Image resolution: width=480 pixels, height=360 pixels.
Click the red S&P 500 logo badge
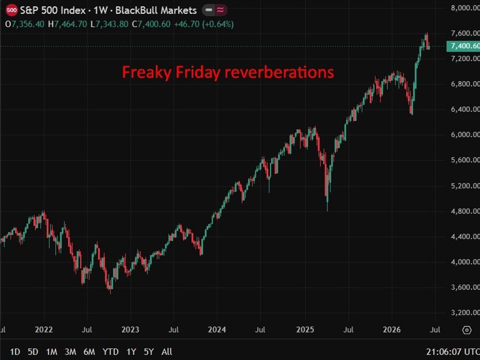pyautogui.click(x=12, y=10)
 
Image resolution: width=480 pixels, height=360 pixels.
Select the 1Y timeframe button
pyautogui.click(x=131, y=352)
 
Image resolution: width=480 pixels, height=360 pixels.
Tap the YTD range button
pyautogui.click(x=110, y=352)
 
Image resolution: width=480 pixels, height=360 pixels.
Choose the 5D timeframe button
pyautogui.click(x=33, y=352)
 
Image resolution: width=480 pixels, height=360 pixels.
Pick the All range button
pyautogui.click(x=167, y=352)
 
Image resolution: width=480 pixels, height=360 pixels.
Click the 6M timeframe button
pyautogui.click(x=90, y=352)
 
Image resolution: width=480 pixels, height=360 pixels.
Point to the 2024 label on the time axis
pyautogui.click(x=217, y=330)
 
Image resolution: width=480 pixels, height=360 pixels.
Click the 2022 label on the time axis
pyautogui.click(x=44, y=330)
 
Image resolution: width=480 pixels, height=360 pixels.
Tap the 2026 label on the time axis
pyautogui.click(x=392, y=330)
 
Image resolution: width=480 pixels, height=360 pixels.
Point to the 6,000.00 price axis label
pyautogui.click(x=465, y=135)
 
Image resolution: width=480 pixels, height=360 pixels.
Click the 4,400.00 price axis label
pyautogui.click(x=465, y=237)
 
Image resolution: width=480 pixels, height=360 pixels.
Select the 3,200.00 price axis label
pyautogui.click(x=465, y=313)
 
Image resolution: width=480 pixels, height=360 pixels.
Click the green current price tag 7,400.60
pyautogui.click(x=463, y=46)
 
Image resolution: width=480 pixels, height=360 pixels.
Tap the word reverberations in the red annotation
pyautogui.click(x=280, y=72)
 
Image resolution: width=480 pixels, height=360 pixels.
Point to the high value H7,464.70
pyautogui.click(x=67, y=24)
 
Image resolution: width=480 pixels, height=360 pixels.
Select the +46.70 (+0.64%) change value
pyautogui.click(x=204, y=24)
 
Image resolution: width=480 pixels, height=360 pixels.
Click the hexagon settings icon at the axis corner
pyautogui.click(x=467, y=330)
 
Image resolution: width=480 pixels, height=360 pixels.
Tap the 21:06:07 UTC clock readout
pyautogui.click(x=453, y=352)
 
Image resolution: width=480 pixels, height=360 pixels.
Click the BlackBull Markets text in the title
pyautogui.click(x=156, y=10)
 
